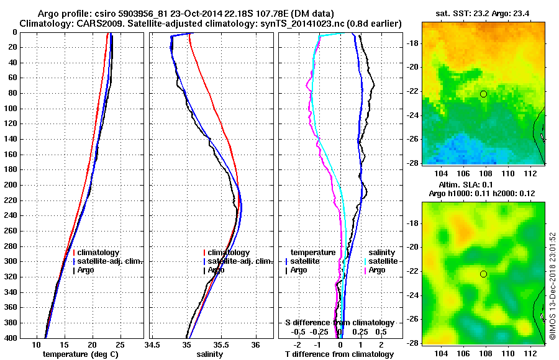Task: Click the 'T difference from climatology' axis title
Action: pos(340,354)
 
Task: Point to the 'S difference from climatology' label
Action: pos(340,323)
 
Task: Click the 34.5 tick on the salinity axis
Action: pos(153,344)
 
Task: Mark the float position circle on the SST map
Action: pos(483,94)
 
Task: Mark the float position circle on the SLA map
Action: pos(483,274)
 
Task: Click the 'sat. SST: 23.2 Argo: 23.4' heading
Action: pos(483,14)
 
